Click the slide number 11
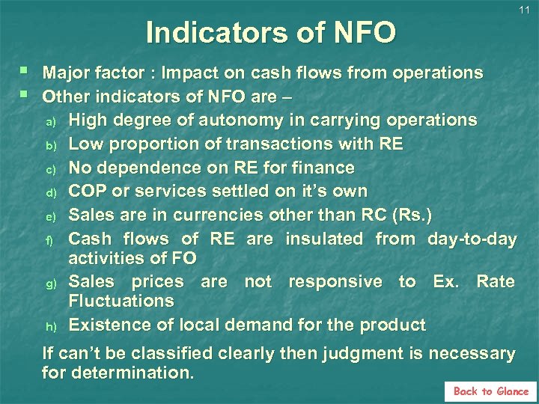(x=524, y=10)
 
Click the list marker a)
(x=50, y=121)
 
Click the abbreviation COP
(x=87, y=191)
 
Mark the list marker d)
(x=50, y=192)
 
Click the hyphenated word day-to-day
(x=472, y=239)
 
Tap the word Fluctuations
(x=121, y=302)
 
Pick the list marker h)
(x=50, y=326)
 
